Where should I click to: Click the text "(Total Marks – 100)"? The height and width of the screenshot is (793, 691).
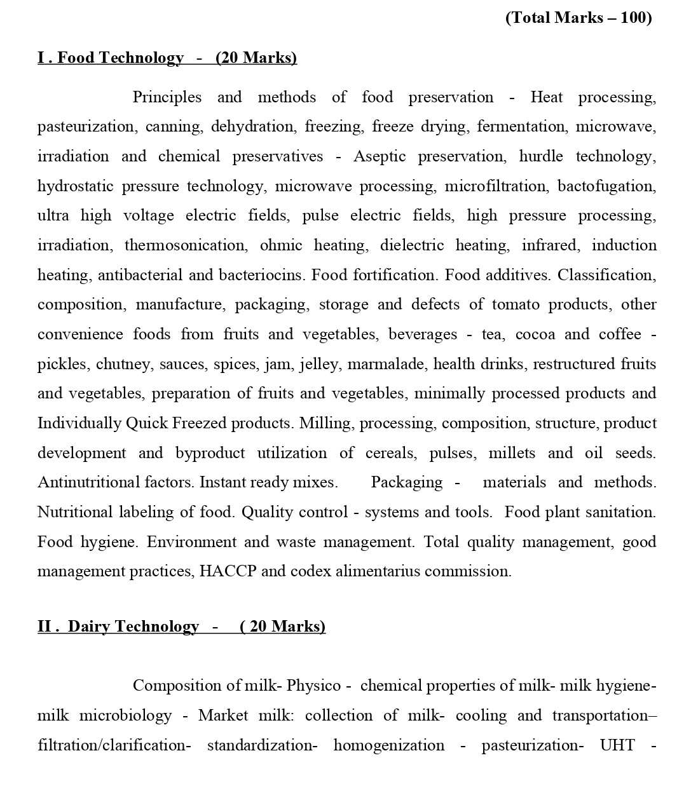[x=578, y=18]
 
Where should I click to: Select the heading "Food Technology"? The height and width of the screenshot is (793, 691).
[x=121, y=58]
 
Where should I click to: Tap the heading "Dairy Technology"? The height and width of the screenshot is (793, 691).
[x=133, y=627]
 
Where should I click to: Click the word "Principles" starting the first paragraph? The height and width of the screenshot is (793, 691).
[x=167, y=97]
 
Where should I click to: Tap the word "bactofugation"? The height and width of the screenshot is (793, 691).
[x=606, y=186]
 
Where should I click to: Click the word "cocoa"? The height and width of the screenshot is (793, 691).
[x=535, y=334]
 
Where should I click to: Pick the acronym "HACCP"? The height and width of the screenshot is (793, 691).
[x=228, y=571]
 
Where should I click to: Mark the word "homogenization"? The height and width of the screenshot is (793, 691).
[x=388, y=745]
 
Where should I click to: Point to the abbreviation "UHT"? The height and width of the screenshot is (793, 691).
[x=617, y=745]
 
